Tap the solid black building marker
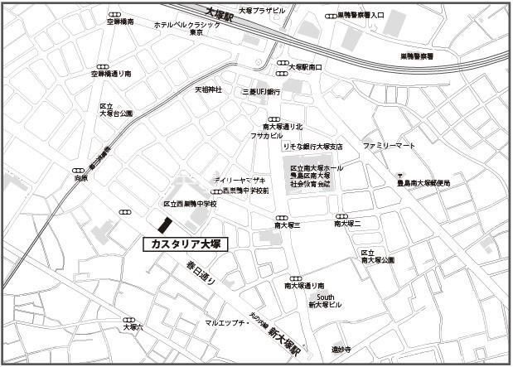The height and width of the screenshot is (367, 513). tap(164, 225)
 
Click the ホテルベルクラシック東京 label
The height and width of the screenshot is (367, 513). tap(187, 30)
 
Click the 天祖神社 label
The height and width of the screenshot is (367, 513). tap(209, 89)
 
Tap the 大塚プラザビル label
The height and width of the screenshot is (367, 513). tap(261, 10)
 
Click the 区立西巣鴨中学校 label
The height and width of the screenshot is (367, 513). tap(190, 204)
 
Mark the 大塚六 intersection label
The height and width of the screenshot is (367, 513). tap(133, 328)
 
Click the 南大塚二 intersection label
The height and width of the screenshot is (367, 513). tap(346, 225)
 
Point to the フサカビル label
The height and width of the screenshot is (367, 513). tap(267, 135)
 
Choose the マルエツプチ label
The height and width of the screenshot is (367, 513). tap(228, 322)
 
